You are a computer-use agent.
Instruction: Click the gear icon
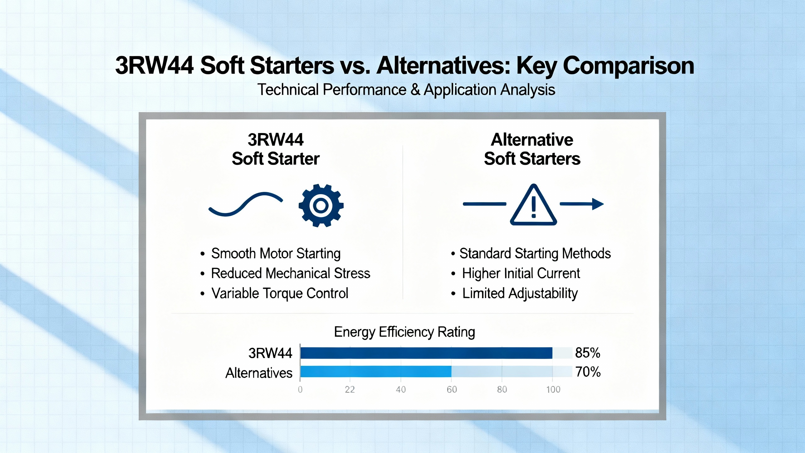pyautogui.click(x=321, y=205)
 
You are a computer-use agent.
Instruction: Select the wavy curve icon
pyautogui.click(x=246, y=204)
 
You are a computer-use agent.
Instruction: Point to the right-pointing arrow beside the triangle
pyautogui.click(x=582, y=204)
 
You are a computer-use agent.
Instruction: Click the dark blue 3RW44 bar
pyautogui.click(x=426, y=353)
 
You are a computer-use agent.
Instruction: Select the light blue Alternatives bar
pyautogui.click(x=376, y=372)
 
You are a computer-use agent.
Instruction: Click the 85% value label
pyautogui.click(x=587, y=353)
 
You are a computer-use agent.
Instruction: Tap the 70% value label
pyautogui.click(x=588, y=372)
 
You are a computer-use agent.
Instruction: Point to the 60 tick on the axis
pyautogui.click(x=452, y=390)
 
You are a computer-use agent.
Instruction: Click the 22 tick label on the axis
pyautogui.click(x=350, y=390)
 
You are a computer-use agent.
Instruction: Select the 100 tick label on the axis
pyautogui.click(x=553, y=390)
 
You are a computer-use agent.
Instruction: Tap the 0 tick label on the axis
pyautogui.click(x=300, y=390)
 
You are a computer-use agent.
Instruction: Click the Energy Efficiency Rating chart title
pyautogui.click(x=404, y=332)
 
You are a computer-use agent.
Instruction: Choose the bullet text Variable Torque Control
pyautogui.click(x=280, y=294)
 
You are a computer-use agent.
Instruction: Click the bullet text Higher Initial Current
pyautogui.click(x=521, y=273)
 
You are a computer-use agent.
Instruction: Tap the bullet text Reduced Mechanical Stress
pyautogui.click(x=291, y=273)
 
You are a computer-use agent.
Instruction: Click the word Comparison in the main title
pyautogui.click(x=628, y=66)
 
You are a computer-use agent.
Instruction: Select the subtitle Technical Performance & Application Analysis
pyautogui.click(x=406, y=90)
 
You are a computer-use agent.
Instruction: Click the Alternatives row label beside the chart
pyautogui.click(x=259, y=373)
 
